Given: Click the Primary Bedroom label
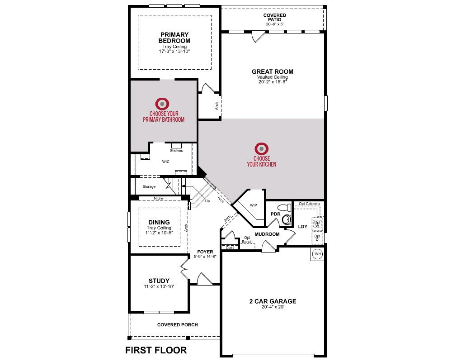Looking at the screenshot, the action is click(x=174, y=38).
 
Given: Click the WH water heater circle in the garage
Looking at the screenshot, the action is click(x=318, y=254).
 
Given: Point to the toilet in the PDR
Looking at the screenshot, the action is click(x=284, y=208).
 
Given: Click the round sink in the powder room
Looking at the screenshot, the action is click(x=286, y=219).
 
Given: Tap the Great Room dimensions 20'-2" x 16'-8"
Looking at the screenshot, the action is click(x=273, y=82).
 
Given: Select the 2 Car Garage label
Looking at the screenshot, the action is click(x=273, y=301).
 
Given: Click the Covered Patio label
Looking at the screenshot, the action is click(x=275, y=17).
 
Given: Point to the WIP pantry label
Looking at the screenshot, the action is click(x=254, y=205).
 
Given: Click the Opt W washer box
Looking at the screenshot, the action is click(x=317, y=224).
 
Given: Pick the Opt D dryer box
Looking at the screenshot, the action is click(x=317, y=238).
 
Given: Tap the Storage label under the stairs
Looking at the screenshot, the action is click(x=149, y=187).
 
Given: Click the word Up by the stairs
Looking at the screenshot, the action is click(x=207, y=201).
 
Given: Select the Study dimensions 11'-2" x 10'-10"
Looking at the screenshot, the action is click(x=159, y=286).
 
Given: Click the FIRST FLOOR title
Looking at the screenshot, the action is click(x=156, y=350).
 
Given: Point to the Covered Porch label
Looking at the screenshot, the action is click(x=178, y=325).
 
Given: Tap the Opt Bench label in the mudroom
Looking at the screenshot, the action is click(x=247, y=240).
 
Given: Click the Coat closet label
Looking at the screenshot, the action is click(x=230, y=248).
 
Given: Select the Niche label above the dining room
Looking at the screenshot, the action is click(x=159, y=198).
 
